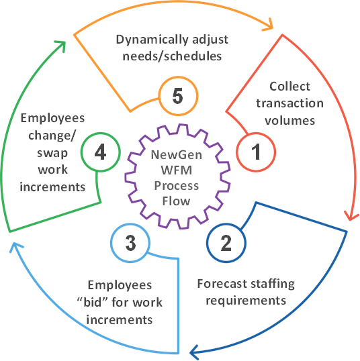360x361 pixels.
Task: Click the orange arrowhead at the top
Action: [269, 25]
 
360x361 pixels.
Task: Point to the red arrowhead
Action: [351, 216]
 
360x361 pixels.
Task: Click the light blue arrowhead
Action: [15, 247]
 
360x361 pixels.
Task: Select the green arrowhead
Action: [60, 46]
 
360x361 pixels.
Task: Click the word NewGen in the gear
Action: [177, 155]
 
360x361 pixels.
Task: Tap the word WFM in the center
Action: [177, 170]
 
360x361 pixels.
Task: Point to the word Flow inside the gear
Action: [177, 201]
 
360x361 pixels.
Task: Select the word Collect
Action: [289, 87]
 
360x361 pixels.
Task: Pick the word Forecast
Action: [222, 284]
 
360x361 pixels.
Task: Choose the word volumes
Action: [289, 120]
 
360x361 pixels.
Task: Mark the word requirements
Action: [246, 301]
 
